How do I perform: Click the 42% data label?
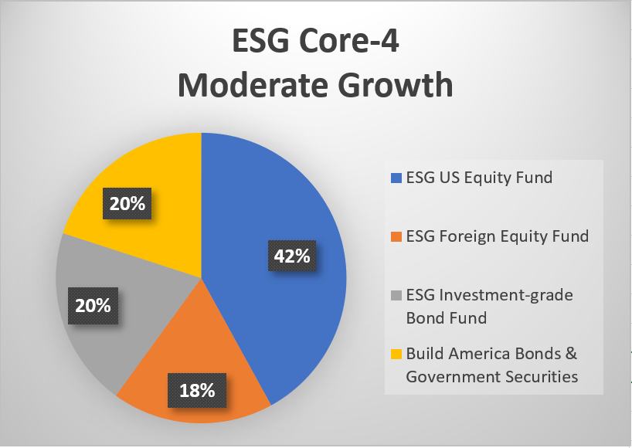coord(292,256)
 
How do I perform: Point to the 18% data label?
coord(197,390)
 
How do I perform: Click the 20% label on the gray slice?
coord(93,306)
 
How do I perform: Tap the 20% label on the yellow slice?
coord(127,203)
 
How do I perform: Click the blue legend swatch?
coord(396,178)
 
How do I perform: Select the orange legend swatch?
coord(396,236)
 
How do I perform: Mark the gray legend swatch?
coord(396,295)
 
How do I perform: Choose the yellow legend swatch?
coord(396,354)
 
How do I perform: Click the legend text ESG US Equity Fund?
coord(479,178)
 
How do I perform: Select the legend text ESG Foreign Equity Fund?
coord(498,236)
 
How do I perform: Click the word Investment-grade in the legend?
coord(506,295)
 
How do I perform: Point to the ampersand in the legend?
coord(571,354)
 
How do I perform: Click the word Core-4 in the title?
coord(349,41)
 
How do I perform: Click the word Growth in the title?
coord(396,85)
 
